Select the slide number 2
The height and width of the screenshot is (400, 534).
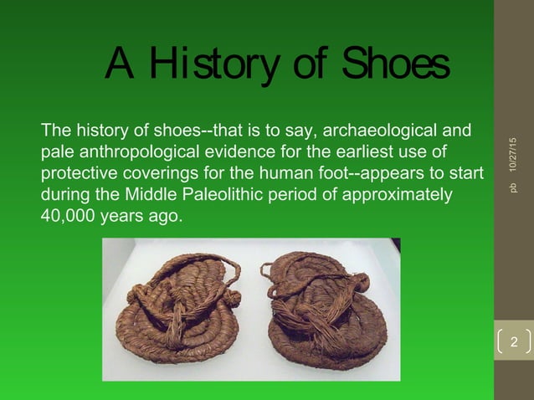(x=514, y=343)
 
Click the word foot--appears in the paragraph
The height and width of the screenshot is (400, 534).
(x=371, y=175)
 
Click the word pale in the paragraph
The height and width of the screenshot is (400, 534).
(x=56, y=154)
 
